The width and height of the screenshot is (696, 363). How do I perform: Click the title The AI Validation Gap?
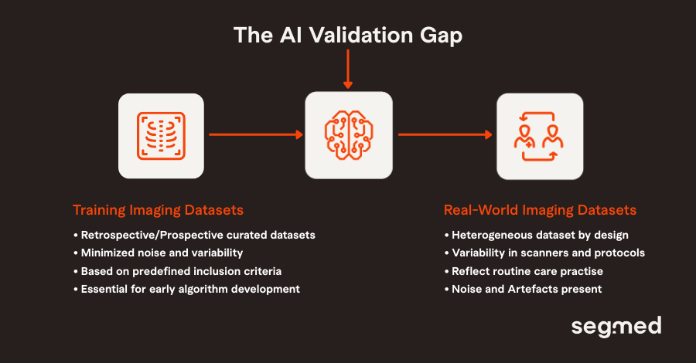click(x=348, y=35)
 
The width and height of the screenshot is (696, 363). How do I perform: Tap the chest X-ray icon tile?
click(x=161, y=136)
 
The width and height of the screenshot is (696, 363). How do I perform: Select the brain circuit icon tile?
click(x=348, y=135)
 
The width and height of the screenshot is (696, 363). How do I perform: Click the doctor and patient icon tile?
click(x=539, y=136)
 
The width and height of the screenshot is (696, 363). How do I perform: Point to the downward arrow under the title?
click(x=348, y=70)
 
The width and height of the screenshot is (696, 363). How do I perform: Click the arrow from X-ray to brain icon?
click(x=255, y=135)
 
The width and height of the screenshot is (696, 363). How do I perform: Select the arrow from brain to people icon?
click(x=445, y=135)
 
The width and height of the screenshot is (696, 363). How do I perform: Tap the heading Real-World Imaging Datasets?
click(x=540, y=210)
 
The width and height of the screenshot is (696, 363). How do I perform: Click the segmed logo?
click(x=616, y=327)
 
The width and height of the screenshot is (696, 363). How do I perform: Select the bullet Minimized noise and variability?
click(x=162, y=253)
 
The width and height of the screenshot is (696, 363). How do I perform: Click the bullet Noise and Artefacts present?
click(x=523, y=290)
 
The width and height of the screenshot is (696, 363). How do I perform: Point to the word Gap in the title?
click(x=442, y=36)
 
